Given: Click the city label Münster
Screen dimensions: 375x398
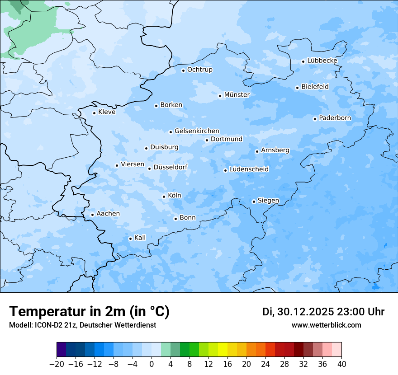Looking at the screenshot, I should (237, 95).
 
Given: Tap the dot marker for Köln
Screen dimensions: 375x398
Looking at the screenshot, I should (164, 197).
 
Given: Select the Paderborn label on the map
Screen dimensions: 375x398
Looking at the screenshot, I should (335, 118).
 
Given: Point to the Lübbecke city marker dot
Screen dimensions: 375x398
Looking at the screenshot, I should (303, 61).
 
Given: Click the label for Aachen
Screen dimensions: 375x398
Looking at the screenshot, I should (108, 214).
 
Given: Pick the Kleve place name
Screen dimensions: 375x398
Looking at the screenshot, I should (107, 112).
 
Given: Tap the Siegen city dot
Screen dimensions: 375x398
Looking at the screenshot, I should (254, 202).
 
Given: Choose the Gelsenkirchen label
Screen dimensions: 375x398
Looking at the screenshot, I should (197, 131).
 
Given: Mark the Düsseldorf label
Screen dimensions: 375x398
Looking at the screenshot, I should (171, 167).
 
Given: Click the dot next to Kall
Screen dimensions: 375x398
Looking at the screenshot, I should (131, 239).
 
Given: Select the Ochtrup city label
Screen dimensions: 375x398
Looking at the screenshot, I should (200, 70).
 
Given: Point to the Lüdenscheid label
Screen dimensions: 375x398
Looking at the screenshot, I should (249, 169).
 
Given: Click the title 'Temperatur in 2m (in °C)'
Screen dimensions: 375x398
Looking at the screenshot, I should (89, 311).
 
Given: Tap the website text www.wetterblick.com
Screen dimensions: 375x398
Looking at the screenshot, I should (326, 325).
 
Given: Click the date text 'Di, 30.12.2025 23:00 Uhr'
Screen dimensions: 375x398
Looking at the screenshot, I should (323, 312).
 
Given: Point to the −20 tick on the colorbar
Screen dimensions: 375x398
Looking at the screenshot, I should (57, 364).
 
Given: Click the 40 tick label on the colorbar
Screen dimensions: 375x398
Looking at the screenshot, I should (341, 364).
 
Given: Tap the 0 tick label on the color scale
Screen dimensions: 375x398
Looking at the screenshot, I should (152, 364).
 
